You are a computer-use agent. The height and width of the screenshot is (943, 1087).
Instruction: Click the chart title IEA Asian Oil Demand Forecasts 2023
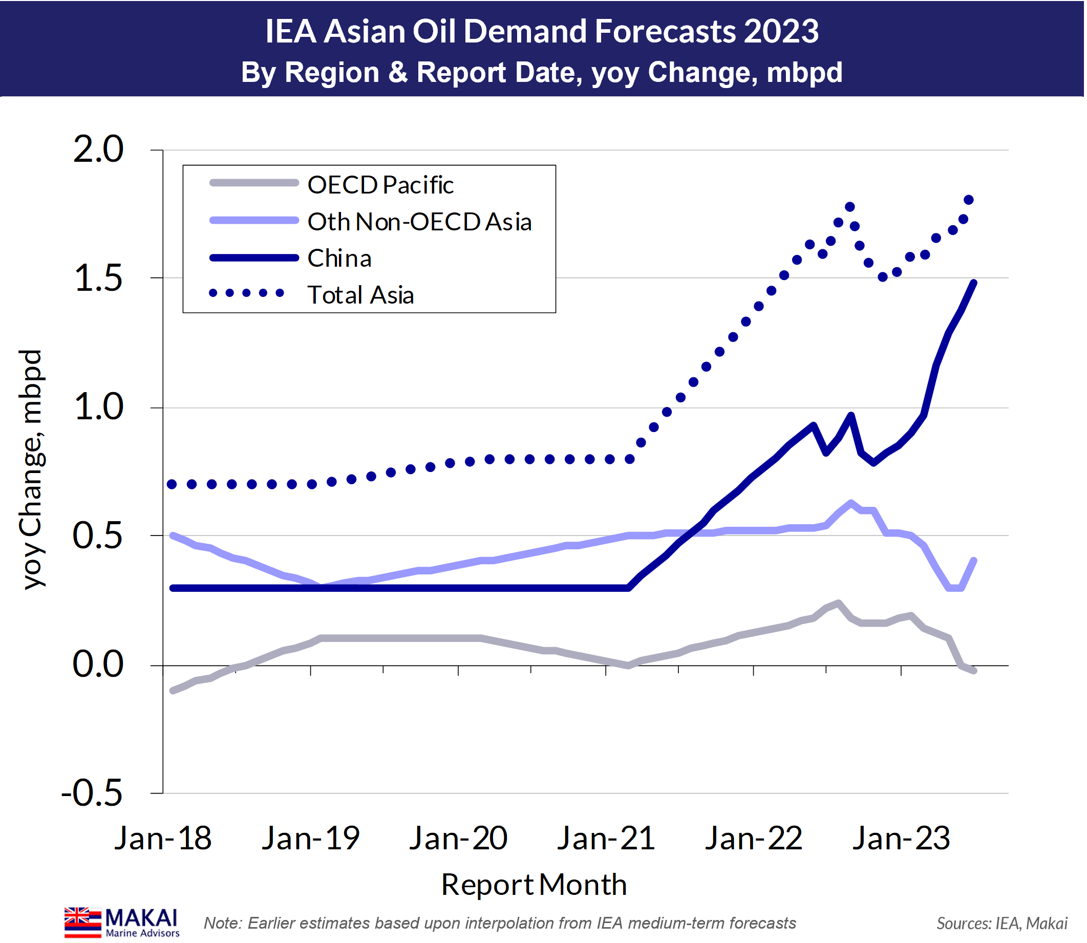point(542,32)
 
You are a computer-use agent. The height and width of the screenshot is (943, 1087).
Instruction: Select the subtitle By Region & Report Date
point(542,72)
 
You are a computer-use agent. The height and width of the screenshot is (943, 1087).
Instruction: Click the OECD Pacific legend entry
point(380,185)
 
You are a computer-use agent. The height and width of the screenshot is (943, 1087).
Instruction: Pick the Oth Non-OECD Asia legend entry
point(419,222)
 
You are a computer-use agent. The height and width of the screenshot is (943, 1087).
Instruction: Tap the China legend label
point(339,259)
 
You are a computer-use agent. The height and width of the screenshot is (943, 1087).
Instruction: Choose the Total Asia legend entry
point(360,295)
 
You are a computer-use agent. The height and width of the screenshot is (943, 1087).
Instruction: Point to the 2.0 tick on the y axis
point(98,149)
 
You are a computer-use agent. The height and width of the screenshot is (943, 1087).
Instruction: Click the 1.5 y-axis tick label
point(98,278)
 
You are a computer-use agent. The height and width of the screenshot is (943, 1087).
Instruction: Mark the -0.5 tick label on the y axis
point(92,792)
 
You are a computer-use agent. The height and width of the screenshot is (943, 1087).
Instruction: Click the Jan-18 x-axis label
point(163,838)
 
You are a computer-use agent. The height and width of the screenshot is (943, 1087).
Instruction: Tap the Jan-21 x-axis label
point(606,838)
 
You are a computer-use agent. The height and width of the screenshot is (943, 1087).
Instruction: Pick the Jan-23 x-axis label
point(901,838)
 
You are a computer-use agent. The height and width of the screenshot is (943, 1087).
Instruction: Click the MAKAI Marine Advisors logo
point(122,922)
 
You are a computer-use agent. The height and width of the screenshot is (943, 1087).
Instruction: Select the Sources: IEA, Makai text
point(1001,924)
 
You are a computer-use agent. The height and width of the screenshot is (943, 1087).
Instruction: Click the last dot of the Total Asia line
point(969,200)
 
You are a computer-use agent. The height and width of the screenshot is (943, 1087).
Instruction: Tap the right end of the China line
point(974,283)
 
